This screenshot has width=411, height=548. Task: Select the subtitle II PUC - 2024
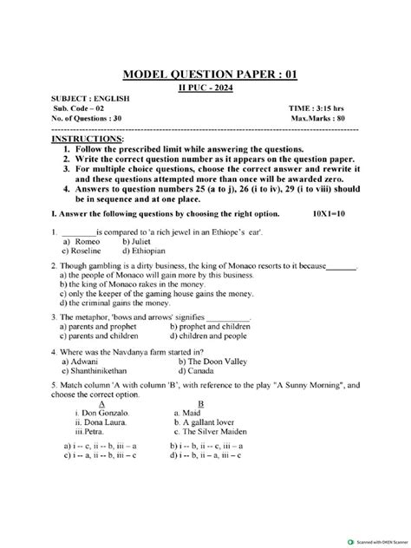point(206,89)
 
